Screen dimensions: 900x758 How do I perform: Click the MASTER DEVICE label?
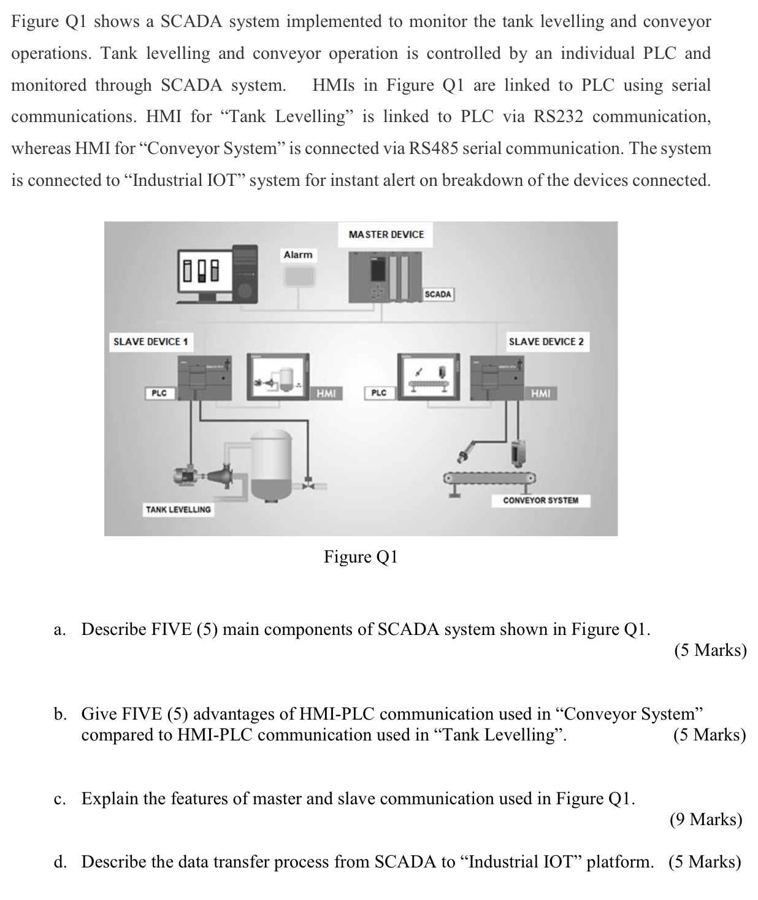386,234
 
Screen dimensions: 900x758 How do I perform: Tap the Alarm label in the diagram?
298,255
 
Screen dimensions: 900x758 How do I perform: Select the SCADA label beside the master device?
438,294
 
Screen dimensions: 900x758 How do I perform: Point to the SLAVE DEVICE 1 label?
150,342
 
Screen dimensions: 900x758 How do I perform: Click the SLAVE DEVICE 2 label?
546,342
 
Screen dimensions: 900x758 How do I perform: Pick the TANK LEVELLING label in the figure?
178,509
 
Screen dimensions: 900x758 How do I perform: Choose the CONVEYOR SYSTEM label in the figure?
540,500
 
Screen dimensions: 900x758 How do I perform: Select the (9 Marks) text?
705,820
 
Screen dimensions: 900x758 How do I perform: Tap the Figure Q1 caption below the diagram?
361,557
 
